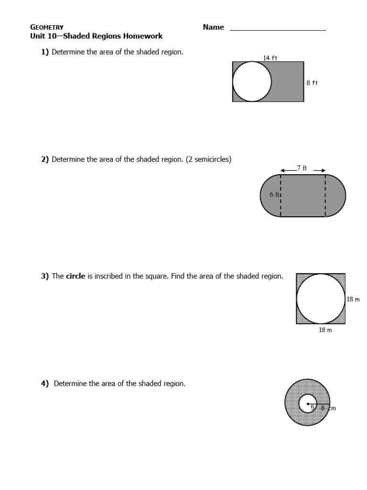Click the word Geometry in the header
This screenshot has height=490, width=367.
coord(47,27)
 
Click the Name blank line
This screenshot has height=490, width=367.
coord(278,30)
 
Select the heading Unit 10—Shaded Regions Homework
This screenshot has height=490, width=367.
coord(96,36)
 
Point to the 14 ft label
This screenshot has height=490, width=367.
coord(270,58)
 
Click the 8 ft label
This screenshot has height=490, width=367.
coord(312,83)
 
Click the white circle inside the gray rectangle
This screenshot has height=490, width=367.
coord(252,82)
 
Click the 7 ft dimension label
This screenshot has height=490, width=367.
coord(302,168)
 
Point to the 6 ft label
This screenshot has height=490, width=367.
coord(275,195)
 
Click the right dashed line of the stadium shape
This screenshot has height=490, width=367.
coord(325,195)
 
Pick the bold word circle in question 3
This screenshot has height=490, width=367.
coord(76,276)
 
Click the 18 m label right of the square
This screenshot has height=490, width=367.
coord(353,300)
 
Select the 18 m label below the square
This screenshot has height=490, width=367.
coord(325,330)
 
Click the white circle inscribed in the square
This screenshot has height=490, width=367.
coord(321,299)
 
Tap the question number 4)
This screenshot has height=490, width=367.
coord(45,383)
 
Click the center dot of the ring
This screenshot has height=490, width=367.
coord(308,403)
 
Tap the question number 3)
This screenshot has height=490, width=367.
coord(45,276)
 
